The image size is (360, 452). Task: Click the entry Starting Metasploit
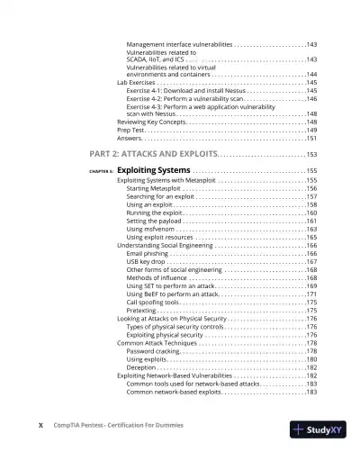(x=157, y=188)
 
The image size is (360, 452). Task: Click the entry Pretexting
(x=144, y=310)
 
